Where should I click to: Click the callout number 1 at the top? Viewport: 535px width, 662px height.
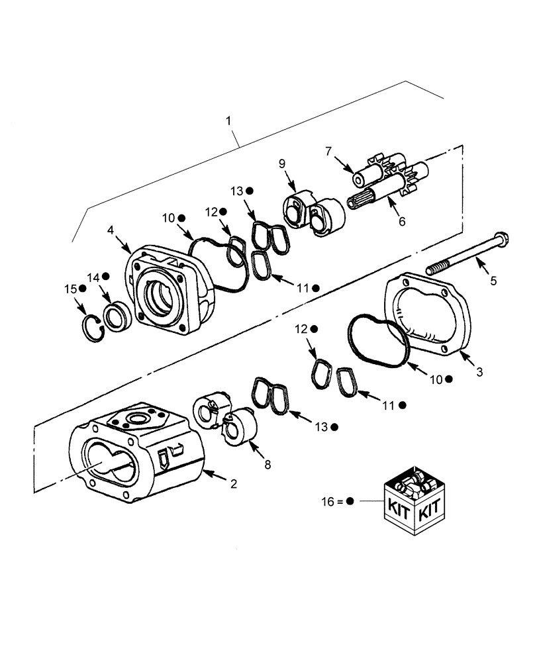pyautogui.click(x=228, y=121)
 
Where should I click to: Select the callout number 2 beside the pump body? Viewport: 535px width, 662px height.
pyautogui.click(x=233, y=484)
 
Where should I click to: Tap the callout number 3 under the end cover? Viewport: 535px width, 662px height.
pyautogui.click(x=479, y=372)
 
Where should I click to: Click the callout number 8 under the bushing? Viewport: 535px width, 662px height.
pyautogui.click(x=267, y=465)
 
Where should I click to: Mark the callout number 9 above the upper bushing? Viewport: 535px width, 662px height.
pyautogui.click(x=281, y=163)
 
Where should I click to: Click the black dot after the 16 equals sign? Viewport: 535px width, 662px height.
pyautogui.click(x=351, y=502)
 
